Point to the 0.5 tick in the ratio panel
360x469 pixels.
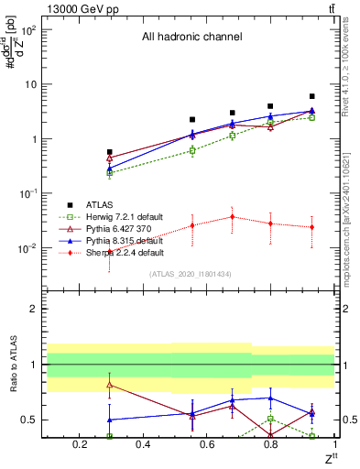32,420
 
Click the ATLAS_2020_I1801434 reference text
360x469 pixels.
190,274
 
